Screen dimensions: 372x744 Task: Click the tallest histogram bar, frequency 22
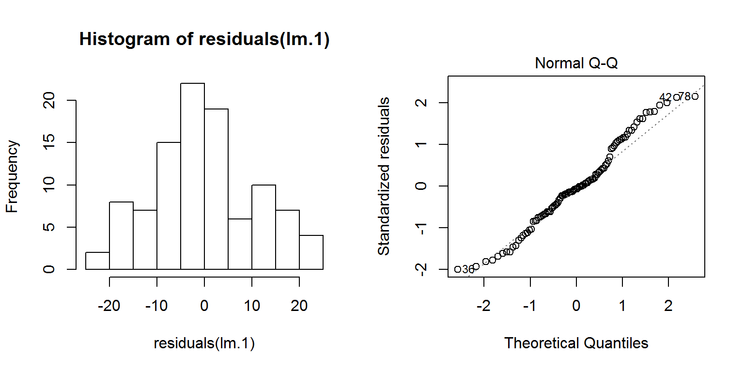tap(192, 176)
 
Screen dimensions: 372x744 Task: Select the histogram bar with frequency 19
tap(216, 189)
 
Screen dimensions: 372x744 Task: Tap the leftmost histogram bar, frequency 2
tap(97, 261)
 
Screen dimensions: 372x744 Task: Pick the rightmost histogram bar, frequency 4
tap(311, 252)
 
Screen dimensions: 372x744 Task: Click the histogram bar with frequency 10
tap(263, 227)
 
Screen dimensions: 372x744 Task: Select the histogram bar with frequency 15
tap(169, 206)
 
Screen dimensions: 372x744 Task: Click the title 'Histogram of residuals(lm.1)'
tap(204, 40)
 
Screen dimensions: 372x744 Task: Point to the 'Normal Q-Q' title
tap(576, 63)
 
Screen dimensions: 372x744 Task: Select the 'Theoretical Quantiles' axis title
tap(576, 343)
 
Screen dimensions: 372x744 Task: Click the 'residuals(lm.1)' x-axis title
tap(204, 343)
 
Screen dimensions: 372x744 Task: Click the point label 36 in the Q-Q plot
tap(468, 269)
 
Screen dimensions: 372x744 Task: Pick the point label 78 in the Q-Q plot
tap(684, 96)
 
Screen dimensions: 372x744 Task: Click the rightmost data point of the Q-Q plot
tap(695, 96)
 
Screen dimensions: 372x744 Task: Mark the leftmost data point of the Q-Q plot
tap(458, 269)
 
